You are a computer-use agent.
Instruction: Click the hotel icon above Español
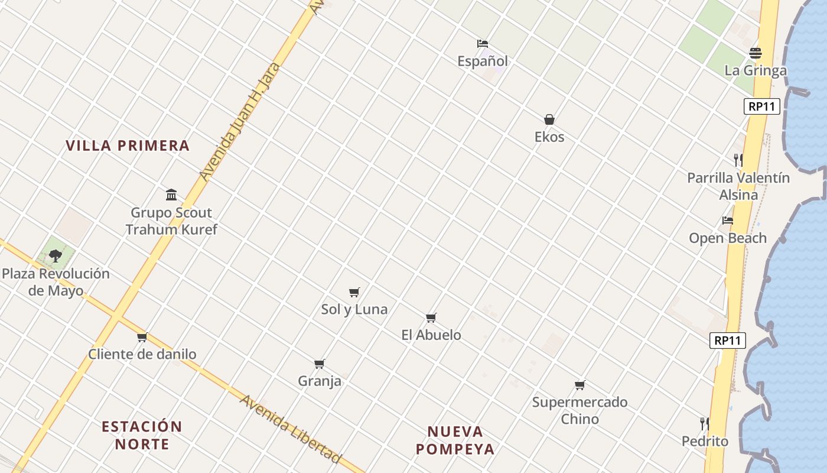(483, 43)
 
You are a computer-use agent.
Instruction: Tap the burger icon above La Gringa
(755, 53)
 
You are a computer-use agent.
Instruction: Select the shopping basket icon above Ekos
(549, 119)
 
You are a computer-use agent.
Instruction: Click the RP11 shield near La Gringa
(761, 106)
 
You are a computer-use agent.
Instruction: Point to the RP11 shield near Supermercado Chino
(728, 341)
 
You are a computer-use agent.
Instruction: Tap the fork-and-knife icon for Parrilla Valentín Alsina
(738, 160)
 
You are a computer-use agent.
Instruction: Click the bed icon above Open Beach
(728, 221)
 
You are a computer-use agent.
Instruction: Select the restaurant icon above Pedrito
(704, 423)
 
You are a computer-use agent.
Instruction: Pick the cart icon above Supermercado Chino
(579, 385)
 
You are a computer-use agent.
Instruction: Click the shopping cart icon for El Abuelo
(431, 318)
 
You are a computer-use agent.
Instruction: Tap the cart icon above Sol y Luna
(354, 292)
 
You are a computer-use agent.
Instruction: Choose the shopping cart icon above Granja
(320, 364)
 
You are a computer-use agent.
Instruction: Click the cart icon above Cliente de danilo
(142, 338)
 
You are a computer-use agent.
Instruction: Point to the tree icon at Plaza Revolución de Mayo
(56, 256)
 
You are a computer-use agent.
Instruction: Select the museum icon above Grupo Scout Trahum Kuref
(171, 195)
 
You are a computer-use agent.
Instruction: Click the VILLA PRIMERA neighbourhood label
(128, 145)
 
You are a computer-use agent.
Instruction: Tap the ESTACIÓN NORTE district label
(142, 435)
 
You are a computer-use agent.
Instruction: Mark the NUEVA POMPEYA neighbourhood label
(455, 440)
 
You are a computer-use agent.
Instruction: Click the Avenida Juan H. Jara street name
(239, 122)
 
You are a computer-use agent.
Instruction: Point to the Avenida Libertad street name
(290, 429)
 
